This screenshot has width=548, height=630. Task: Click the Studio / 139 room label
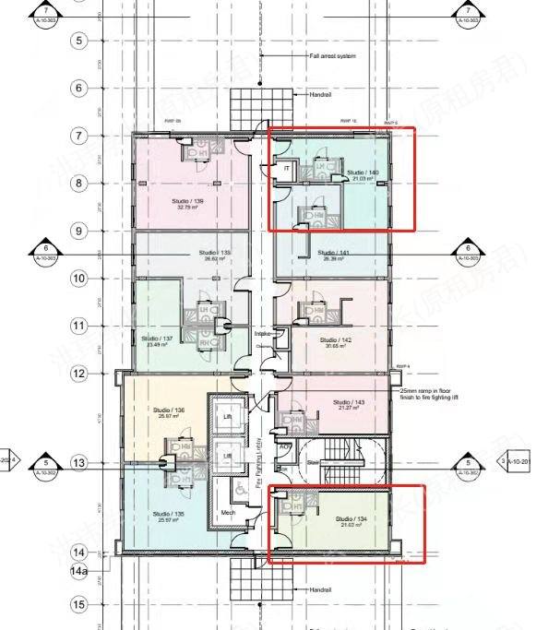pyautogui.click(x=187, y=200)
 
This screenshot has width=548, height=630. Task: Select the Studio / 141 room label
pyautogui.click(x=333, y=253)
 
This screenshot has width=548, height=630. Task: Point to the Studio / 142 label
pyautogui.click(x=336, y=340)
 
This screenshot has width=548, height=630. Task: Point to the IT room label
pyautogui.click(x=287, y=170)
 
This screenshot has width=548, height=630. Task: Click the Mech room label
pyautogui.click(x=227, y=513)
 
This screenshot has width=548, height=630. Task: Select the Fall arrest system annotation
pyautogui.click(x=332, y=56)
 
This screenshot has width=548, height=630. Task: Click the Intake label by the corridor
pyautogui.click(x=262, y=333)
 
